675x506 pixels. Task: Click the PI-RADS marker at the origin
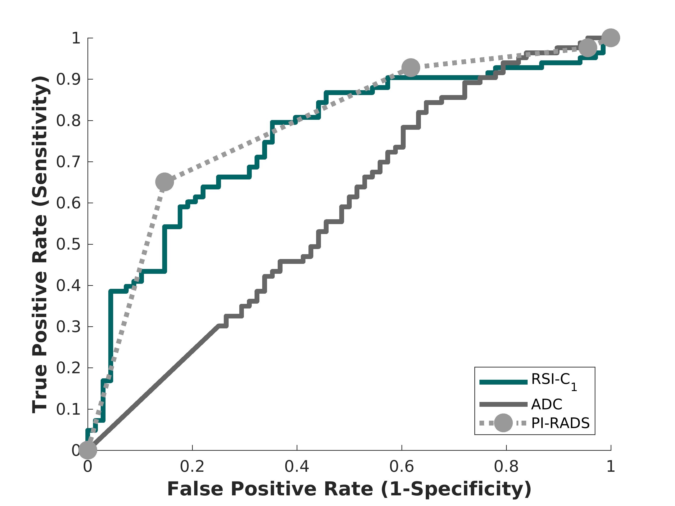point(88,450)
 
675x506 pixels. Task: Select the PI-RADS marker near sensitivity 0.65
point(165,182)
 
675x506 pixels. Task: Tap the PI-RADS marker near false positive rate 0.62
point(411,67)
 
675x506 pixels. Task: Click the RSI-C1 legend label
point(554,381)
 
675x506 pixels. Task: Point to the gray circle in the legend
point(503,423)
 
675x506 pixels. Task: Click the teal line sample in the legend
point(503,382)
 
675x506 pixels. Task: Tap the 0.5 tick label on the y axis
point(68,244)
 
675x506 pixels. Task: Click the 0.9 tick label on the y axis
point(68,79)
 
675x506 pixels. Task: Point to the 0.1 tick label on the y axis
point(68,409)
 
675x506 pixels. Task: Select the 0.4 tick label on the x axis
point(297,467)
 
